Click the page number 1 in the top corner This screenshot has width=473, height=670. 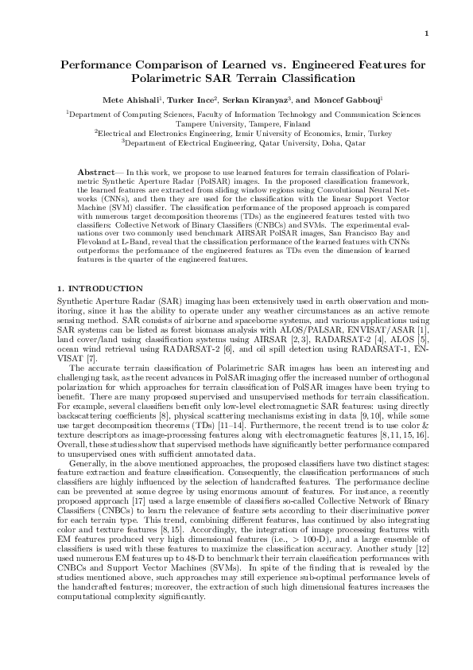pos(427,33)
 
